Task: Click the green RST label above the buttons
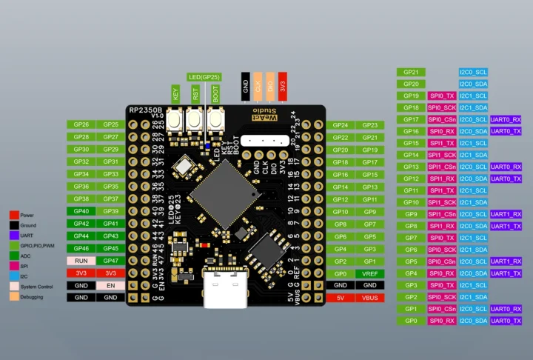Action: pyautogui.click(x=195, y=94)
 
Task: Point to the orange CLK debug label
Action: pyautogui.click(x=258, y=85)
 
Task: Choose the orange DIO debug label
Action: pyautogui.click(x=270, y=85)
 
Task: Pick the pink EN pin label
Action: pyautogui.click(x=110, y=284)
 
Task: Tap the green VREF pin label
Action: pyautogui.click(x=370, y=273)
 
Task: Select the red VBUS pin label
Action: pyautogui.click(x=370, y=297)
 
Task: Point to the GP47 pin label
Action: pyautogui.click(x=110, y=261)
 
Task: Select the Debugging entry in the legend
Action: pyautogui.click(x=32, y=297)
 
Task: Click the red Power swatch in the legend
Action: pyautogui.click(x=14, y=214)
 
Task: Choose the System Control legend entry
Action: pyautogui.click(x=36, y=287)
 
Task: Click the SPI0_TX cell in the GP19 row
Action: pyautogui.click(x=442, y=96)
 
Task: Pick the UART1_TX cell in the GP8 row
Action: pyautogui.click(x=506, y=226)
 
